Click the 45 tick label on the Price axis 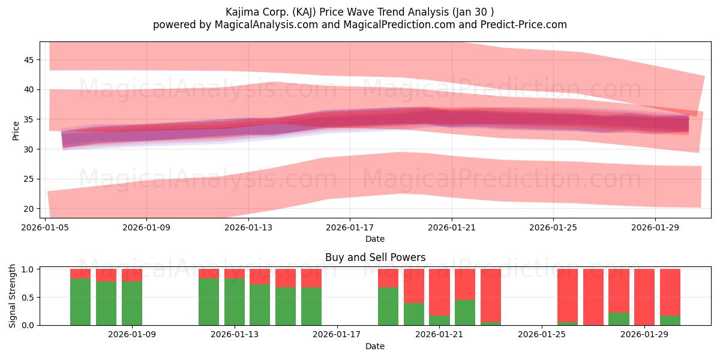click(29, 60)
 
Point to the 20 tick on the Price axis click(29, 209)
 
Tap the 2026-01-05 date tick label click(45, 227)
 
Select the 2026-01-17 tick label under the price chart click(350, 227)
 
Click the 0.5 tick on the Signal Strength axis click(28, 298)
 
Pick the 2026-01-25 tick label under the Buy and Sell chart click(542, 334)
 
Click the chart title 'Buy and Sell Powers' click(375, 257)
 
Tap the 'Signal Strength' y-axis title click(12, 296)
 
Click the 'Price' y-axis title click(16, 131)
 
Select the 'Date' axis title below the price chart click(375, 239)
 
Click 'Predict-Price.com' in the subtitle click(524, 25)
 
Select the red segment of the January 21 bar click(439, 292)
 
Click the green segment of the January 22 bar click(465, 313)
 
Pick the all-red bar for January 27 click(593, 297)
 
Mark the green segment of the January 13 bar click(235, 301)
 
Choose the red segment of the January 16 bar click(311, 278)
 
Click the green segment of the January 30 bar click(670, 320)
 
